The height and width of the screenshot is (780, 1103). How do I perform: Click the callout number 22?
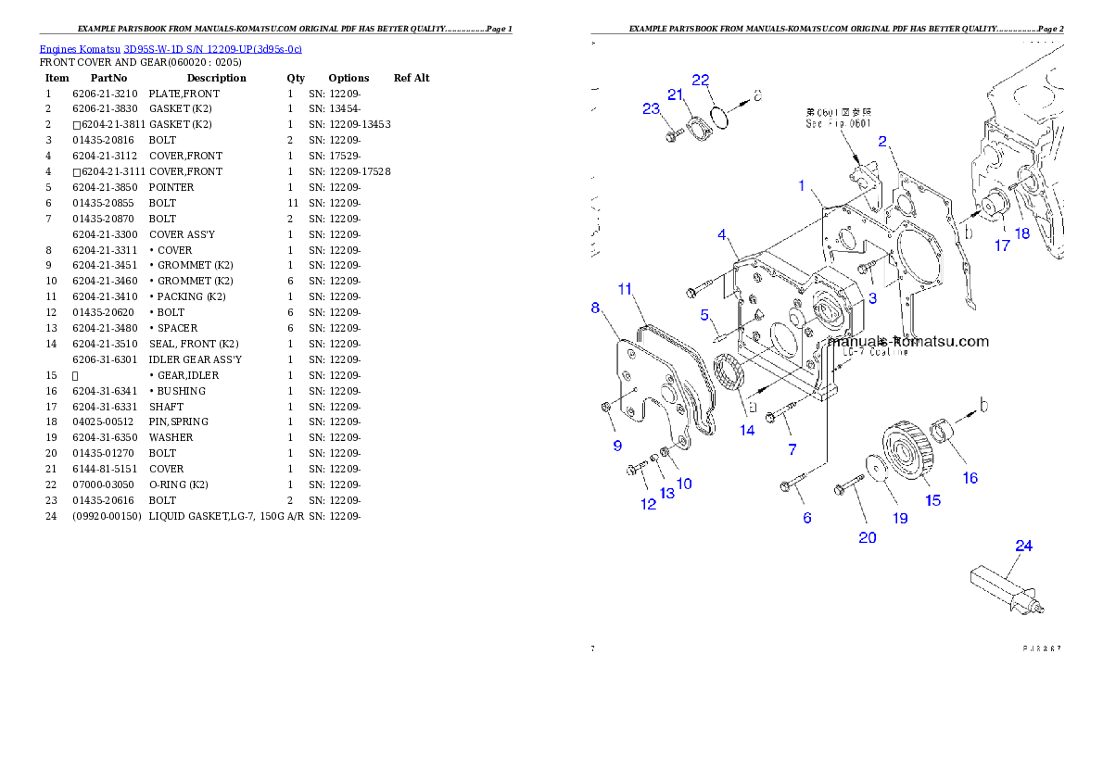(x=701, y=80)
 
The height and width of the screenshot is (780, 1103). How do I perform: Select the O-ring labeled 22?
(x=720, y=118)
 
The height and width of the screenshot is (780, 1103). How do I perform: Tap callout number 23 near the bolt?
(x=651, y=108)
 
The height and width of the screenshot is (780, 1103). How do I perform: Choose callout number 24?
(x=1023, y=546)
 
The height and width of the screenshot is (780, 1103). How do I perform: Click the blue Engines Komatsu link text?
(x=171, y=48)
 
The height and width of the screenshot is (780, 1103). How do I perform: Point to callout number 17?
(x=1002, y=245)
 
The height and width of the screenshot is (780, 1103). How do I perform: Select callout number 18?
(x=1022, y=233)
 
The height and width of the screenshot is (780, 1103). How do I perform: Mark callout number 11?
(x=626, y=290)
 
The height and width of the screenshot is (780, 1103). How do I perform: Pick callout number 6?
(x=807, y=518)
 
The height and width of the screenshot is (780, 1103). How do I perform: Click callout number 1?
(x=802, y=186)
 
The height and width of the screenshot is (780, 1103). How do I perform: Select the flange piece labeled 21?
(x=695, y=129)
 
